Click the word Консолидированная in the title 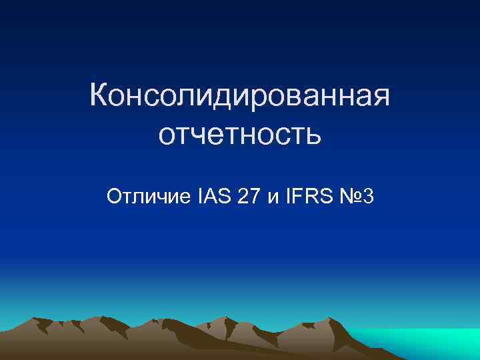pyautogui.click(x=239, y=97)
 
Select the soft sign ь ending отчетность pyautogui.click(x=314, y=137)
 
